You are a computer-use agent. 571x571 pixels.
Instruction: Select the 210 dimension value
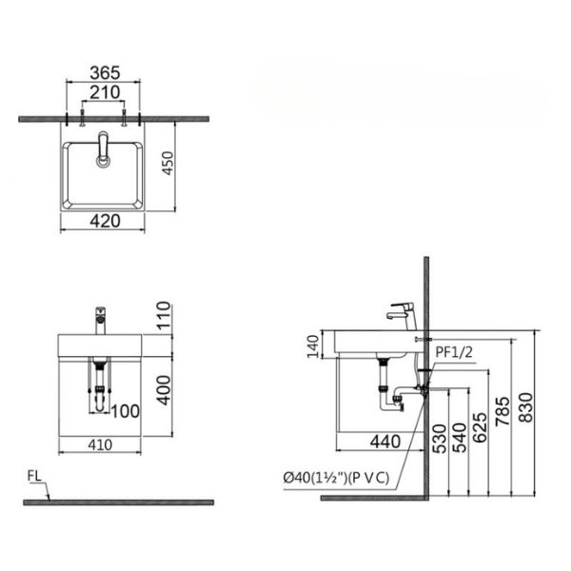[x=104, y=92]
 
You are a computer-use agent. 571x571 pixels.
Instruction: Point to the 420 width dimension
[x=103, y=222]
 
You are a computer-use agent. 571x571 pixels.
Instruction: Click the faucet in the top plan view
[x=102, y=150]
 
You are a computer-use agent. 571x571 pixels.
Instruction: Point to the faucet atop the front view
[x=99, y=319]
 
